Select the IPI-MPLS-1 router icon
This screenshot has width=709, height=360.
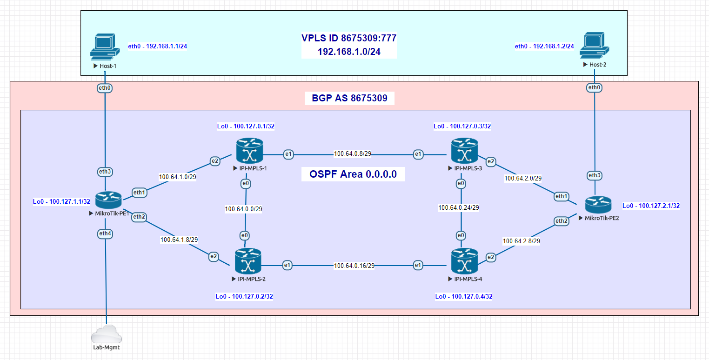tap(249, 150)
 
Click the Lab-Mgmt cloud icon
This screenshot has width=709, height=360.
tap(107, 334)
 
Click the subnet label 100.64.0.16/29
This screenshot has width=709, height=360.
tap(354, 266)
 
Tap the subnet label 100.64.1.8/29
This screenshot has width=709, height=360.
tap(179, 240)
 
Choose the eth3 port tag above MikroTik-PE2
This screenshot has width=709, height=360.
tap(594, 175)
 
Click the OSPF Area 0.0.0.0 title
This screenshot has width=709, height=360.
tap(353, 174)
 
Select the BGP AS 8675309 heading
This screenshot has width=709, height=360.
tap(349, 98)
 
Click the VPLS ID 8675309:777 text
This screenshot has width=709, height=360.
tap(348, 38)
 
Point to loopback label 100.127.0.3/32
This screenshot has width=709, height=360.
tap(462, 126)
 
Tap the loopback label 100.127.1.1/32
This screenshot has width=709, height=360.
tap(61, 202)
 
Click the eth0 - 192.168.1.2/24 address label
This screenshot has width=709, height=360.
tap(544, 47)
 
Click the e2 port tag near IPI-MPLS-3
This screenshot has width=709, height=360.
tap(490, 162)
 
